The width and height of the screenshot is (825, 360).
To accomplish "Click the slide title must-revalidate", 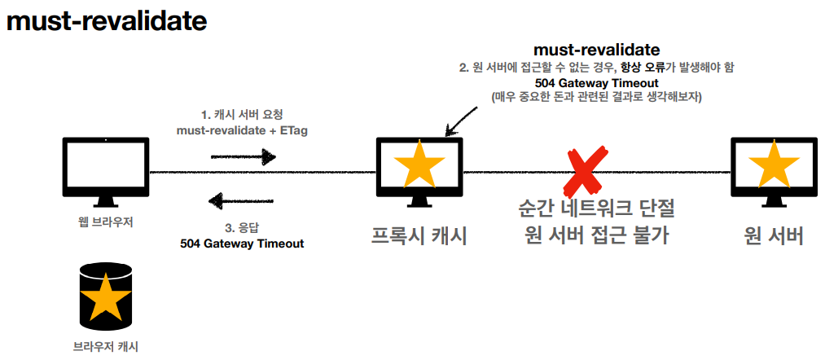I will pyautogui.click(x=106, y=21).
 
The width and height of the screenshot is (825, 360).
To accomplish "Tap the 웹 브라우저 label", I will pyautogui.click(x=106, y=222).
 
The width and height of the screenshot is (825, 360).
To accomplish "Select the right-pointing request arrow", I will pyautogui.click(x=243, y=157).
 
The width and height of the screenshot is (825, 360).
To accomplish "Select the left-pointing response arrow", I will pyautogui.click(x=242, y=200).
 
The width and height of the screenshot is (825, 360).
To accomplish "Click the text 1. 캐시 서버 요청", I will pyautogui.click(x=241, y=114).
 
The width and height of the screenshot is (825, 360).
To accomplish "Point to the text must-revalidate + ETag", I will pyautogui.click(x=241, y=130).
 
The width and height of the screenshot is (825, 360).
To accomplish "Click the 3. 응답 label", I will pyautogui.click(x=241, y=229).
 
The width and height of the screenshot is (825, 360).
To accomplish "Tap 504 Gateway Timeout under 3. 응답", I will pyautogui.click(x=241, y=244).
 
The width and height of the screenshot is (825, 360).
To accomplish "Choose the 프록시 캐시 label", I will pyautogui.click(x=419, y=236).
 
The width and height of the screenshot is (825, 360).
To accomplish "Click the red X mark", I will pyautogui.click(x=583, y=173).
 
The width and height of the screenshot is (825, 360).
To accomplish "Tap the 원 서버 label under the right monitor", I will pyautogui.click(x=773, y=236).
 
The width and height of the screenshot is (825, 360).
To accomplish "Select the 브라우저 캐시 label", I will pyautogui.click(x=105, y=345).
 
